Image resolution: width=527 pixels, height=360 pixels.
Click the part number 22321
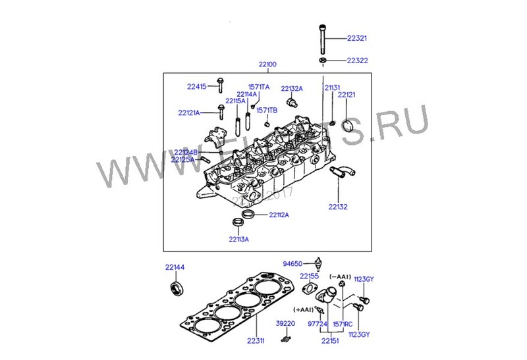tap(357, 38)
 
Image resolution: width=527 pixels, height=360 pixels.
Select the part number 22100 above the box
tap(267, 64)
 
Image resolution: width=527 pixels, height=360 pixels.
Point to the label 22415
tap(196, 86)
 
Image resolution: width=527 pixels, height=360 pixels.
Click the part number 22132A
tap(292, 88)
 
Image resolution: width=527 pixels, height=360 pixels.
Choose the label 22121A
tap(189, 113)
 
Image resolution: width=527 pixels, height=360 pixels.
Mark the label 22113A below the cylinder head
tap(239, 239)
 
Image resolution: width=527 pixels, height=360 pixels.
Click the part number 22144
tap(175, 267)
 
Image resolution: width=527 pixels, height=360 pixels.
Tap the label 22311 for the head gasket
tap(256, 340)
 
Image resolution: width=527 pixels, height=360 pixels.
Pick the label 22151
tap(330, 340)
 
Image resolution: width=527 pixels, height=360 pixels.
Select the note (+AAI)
tap(304, 309)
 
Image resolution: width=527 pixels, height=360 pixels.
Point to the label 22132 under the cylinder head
tap(338, 207)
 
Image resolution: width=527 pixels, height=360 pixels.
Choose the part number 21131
tap(332, 87)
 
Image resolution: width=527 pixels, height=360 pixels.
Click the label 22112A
tap(279, 215)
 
